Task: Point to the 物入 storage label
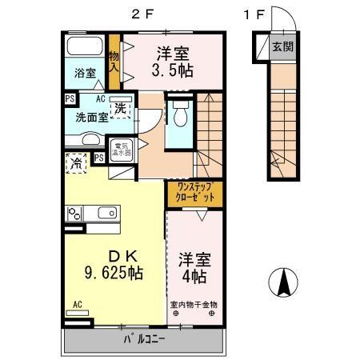coord(114,62)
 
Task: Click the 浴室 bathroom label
coord(85,73)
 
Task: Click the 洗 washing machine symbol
coord(120,106)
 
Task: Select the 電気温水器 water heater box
coord(122,149)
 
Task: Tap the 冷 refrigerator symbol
coord(77,162)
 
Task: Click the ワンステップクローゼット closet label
coord(194,192)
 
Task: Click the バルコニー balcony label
coord(144,339)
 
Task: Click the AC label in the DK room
coord(78,304)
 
